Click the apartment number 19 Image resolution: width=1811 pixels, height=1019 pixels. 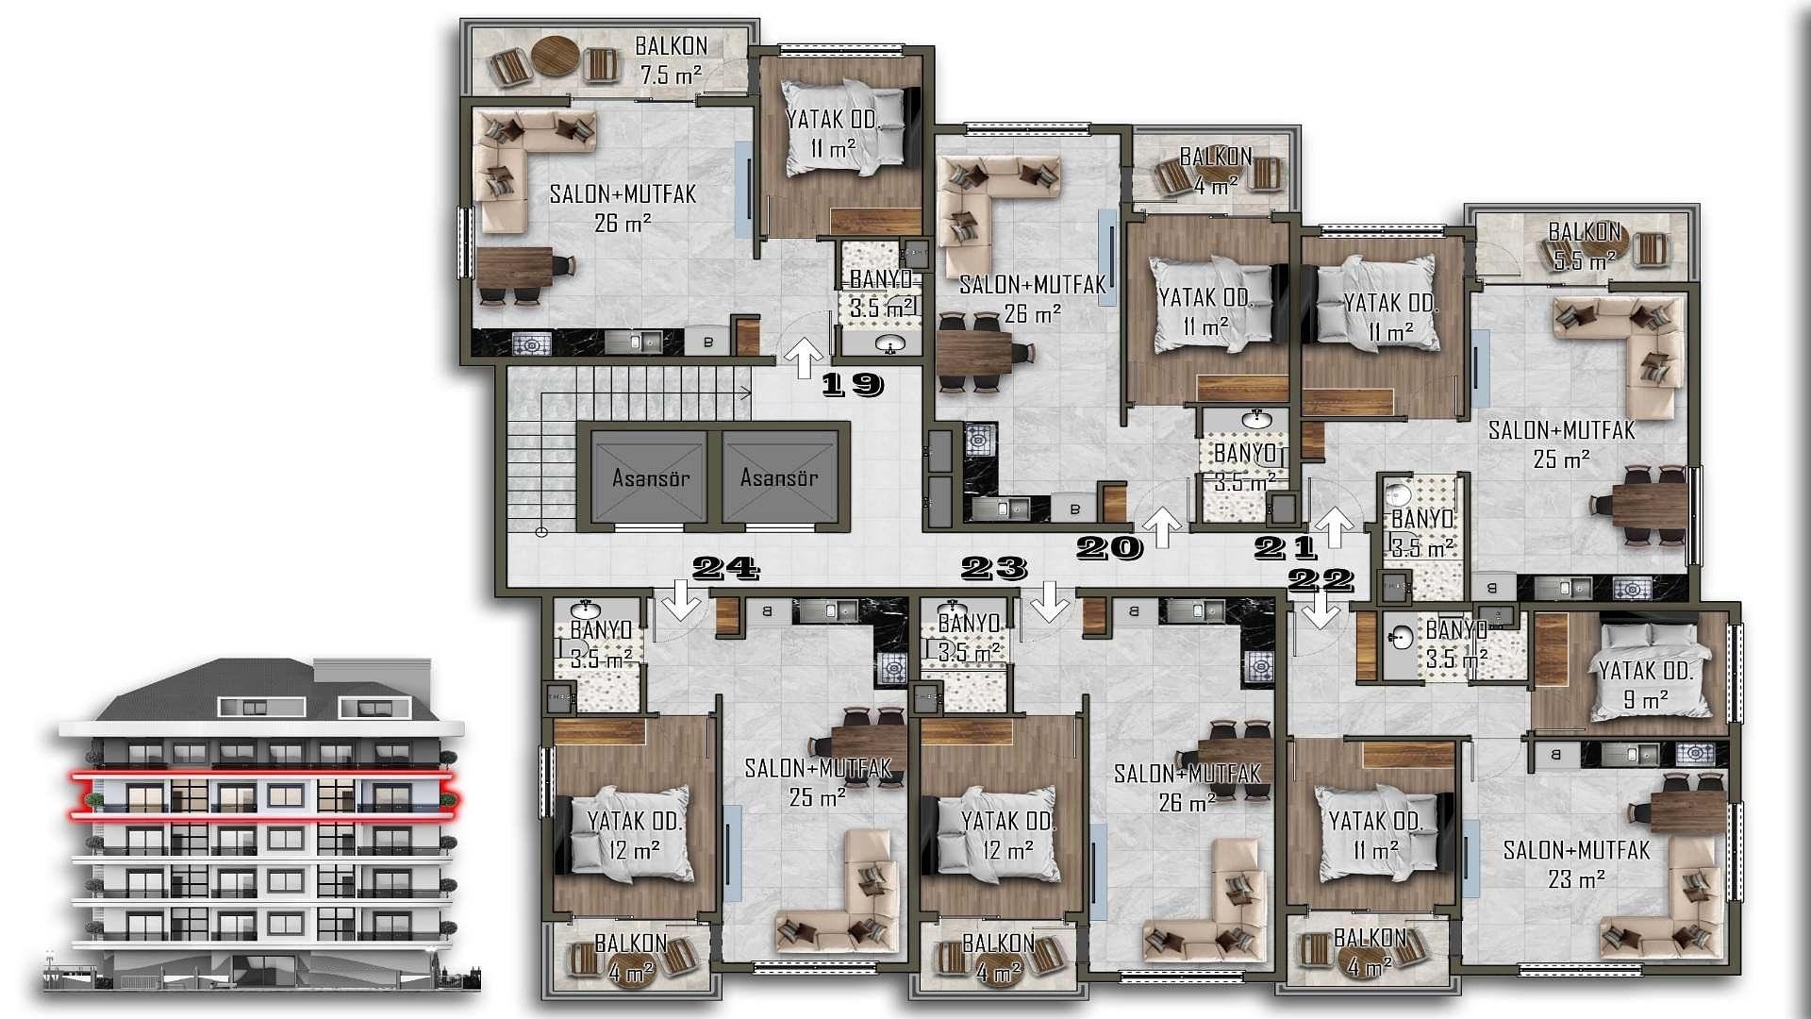[853, 384]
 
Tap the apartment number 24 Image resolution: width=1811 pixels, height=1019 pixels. [726, 568]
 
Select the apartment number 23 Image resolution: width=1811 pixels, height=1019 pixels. [993, 568]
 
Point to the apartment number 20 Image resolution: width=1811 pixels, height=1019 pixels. [1109, 547]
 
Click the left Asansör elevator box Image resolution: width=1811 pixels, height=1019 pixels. [649, 476]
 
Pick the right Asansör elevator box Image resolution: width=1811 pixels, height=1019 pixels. [779, 476]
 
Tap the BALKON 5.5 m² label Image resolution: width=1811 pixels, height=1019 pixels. [1585, 245]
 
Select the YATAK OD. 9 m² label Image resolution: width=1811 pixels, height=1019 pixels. [1646, 685]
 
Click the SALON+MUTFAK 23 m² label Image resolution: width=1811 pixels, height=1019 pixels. [1576, 864]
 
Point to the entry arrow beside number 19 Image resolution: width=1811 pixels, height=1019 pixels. [805, 359]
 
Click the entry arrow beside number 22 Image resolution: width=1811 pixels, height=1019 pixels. [1321, 611]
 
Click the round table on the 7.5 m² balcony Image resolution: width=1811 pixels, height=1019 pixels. [555, 56]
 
